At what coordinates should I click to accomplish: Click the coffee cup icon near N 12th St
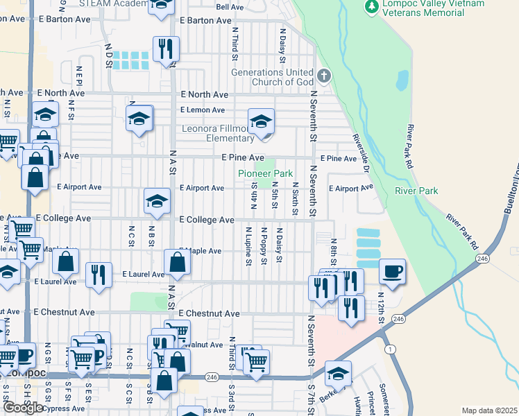click(393, 270)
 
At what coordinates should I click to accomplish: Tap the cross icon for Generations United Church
click(323, 75)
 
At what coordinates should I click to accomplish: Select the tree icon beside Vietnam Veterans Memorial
click(372, 6)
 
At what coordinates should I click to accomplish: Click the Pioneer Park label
click(265, 173)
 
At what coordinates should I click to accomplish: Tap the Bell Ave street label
click(230, 7)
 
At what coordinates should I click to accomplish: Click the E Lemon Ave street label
click(203, 110)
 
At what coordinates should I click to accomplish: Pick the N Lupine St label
click(248, 245)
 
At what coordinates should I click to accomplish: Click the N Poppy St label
click(264, 245)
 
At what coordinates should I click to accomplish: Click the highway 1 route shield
click(391, 350)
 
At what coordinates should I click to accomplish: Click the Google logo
click(22, 408)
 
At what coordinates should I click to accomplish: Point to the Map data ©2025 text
click(489, 410)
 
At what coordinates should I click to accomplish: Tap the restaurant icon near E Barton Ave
click(165, 49)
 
